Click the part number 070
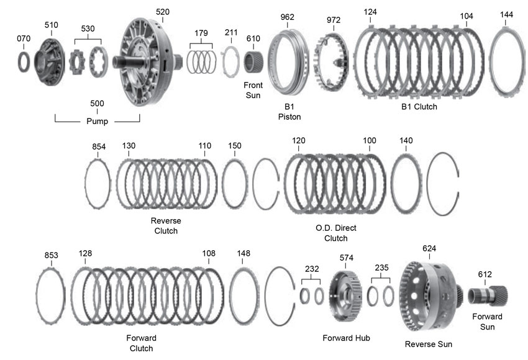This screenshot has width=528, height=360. (x=22, y=38)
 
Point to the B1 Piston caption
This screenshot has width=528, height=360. (x=289, y=110)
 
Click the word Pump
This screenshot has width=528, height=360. (x=97, y=121)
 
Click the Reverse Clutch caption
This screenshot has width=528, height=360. (x=165, y=226)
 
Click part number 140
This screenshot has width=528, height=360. (x=406, y=141)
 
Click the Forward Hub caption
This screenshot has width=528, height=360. (x=347, y=338)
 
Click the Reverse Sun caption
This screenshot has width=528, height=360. (x=428, y=344)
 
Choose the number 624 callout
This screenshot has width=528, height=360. (x=429, y=248)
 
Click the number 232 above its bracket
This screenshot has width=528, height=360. (x=311, y=268)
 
